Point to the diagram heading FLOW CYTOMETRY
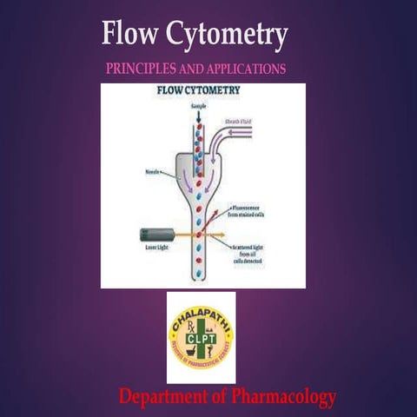tap(199, 89)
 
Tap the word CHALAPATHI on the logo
tap(202, 314)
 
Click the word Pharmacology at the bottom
tap(281, 398)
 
